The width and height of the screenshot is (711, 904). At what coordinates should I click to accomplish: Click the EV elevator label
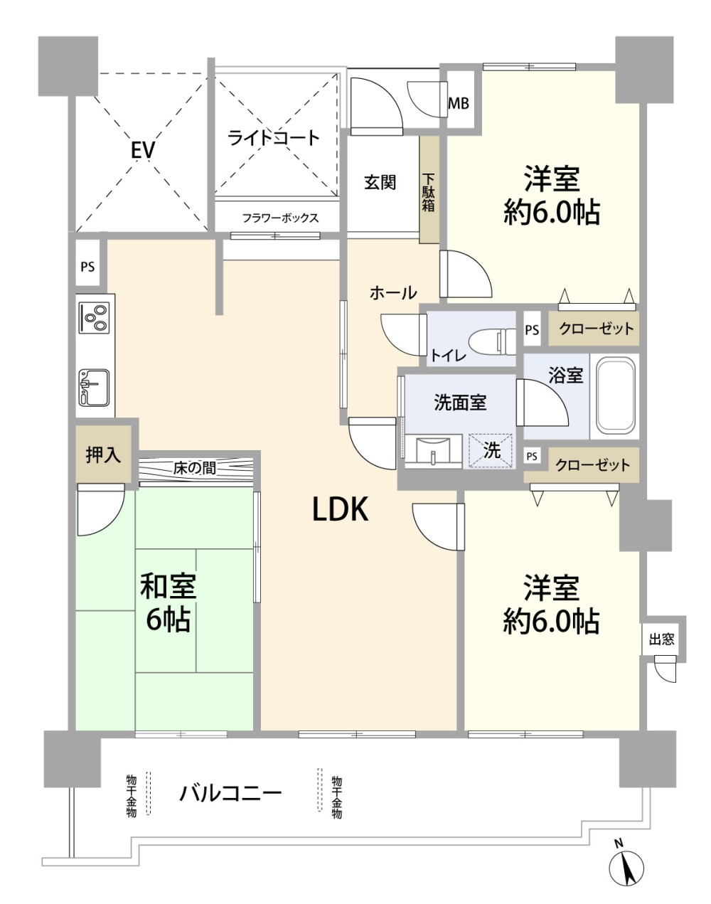[143, 150]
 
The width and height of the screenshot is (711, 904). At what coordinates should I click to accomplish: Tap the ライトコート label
[274, 138]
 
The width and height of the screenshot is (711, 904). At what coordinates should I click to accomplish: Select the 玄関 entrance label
[380, 182]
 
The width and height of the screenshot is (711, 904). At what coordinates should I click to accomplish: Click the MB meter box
[458, 103]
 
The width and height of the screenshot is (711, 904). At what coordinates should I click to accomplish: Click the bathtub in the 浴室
[614, 397]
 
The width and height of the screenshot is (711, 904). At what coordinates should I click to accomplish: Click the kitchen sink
[95, 387]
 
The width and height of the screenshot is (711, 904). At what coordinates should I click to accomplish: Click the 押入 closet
[103, 454]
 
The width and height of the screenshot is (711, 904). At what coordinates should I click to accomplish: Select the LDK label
[341, 509]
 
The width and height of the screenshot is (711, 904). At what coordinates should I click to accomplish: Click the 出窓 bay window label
[661, 639]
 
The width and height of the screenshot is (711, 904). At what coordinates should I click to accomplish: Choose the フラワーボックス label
[281, 218]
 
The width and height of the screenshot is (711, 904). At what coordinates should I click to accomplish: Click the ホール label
[393, 293]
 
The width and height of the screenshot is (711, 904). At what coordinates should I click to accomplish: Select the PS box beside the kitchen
[87, 267]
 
